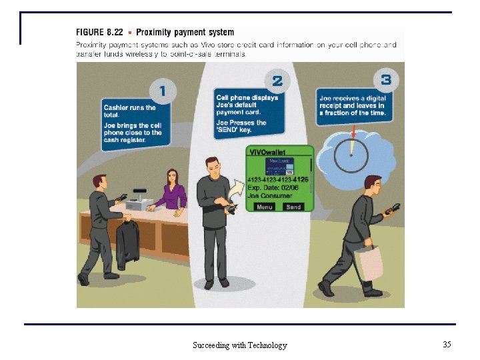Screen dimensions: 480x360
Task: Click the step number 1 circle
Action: pos(163,89)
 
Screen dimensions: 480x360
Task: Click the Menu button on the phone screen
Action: pos(265,207)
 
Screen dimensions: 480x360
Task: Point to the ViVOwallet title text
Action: pos(267,153)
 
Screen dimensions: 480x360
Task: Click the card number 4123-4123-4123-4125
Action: pos(277,179)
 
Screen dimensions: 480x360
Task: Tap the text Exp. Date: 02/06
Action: pos(273,187)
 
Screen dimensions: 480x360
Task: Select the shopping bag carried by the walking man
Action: pos(370,262)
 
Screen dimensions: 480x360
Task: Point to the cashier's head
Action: pos(173,178)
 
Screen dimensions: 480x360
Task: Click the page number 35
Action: pos(447,344)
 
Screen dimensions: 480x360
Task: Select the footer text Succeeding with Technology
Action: pos(240,345)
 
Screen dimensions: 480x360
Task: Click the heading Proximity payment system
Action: pos(185,32)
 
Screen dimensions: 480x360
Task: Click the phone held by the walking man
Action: pos(391,210)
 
